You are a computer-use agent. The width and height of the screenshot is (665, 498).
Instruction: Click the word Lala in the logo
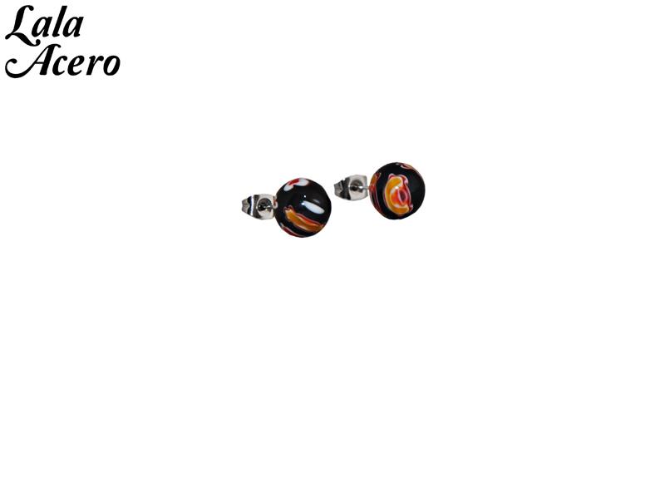coord(44,25)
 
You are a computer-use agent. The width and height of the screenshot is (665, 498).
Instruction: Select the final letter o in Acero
coord(112,66)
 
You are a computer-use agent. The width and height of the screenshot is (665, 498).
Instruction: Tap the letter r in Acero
coord(96,66)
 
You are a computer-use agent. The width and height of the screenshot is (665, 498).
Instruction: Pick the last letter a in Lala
coord(73,28)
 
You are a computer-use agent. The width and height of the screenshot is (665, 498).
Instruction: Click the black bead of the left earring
coord(303,207)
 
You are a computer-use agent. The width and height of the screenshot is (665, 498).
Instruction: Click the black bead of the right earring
coord(398,190)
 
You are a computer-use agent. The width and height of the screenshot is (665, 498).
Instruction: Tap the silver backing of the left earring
coord(259,206)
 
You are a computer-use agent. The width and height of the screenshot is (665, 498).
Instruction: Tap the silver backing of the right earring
coord(351,187)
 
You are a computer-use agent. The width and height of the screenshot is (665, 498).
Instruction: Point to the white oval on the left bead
coord(315,206)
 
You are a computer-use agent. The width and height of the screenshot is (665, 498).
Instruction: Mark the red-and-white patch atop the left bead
coord(297,183)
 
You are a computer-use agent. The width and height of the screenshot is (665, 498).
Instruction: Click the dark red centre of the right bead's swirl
coord(401,196)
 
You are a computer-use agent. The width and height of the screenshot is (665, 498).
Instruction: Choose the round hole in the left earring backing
coord(264,206)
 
